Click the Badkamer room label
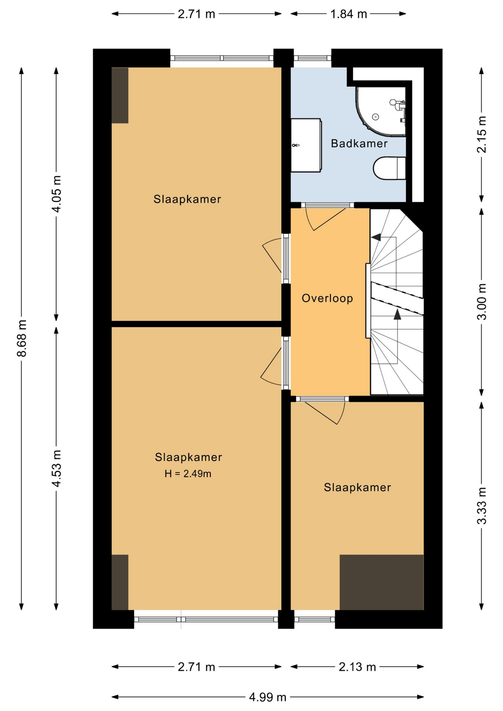click(x=359, y=143)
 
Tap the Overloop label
click(x=327, y=298)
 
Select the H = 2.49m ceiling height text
click(x=188, y=474)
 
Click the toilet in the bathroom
click(x=389, y=168)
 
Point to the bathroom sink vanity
click(x=306, y=145)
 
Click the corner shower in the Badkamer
click(x=381, y=111)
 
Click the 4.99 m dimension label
click(x=268, y=697)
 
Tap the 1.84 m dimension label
click(x=349, y=14)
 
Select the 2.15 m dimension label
click(x=482, y=134)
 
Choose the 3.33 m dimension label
click(x=482, y=506)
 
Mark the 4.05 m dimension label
click(x=56, y=194)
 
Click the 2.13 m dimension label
click(x=357, y=667)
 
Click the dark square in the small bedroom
click(x=382, y=582)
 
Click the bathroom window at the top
click(x=313, y=58)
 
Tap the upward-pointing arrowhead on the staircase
click(x=397, y=314)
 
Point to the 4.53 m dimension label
click(x=56, y=468)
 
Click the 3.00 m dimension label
click(x=482, y=301)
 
